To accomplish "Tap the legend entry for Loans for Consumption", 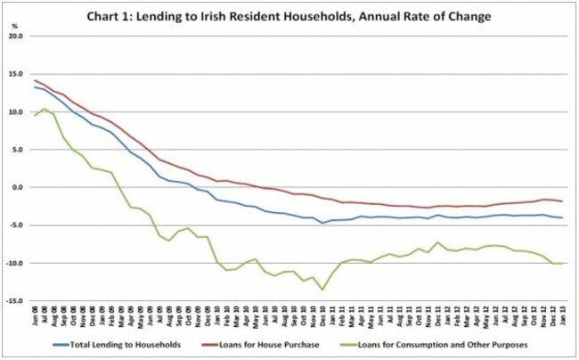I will pos(457,343).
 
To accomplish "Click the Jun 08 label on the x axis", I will pos(36,317).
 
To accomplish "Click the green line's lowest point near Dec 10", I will pos(322,289).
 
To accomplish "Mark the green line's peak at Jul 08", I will pos(45,109).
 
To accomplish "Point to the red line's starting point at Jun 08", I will pos(35,81).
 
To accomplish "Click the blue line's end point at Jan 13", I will pos(559,217).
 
